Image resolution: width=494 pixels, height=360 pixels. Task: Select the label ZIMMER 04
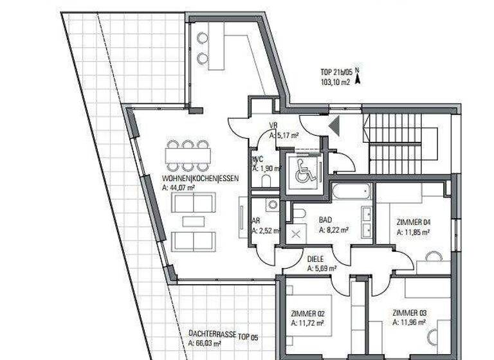[x=414, y=223]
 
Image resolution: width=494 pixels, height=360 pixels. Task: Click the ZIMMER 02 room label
[x=306, y=314]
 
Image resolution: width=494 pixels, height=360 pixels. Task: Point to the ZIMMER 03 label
[x=409, y=314]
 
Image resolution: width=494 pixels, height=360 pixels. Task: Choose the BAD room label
[x=325, y=219]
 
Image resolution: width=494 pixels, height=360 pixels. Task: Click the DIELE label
[x=315, y=260]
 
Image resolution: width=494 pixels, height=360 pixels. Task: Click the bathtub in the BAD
[x=351, y=191]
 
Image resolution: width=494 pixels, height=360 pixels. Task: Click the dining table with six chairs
[x=187, y=155]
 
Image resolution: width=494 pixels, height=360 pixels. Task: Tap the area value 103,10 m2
[x=334, y=82]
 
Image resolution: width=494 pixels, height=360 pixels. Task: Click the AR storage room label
[x=255, y=220]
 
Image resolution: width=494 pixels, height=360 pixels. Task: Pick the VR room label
[x=273, y=126]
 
